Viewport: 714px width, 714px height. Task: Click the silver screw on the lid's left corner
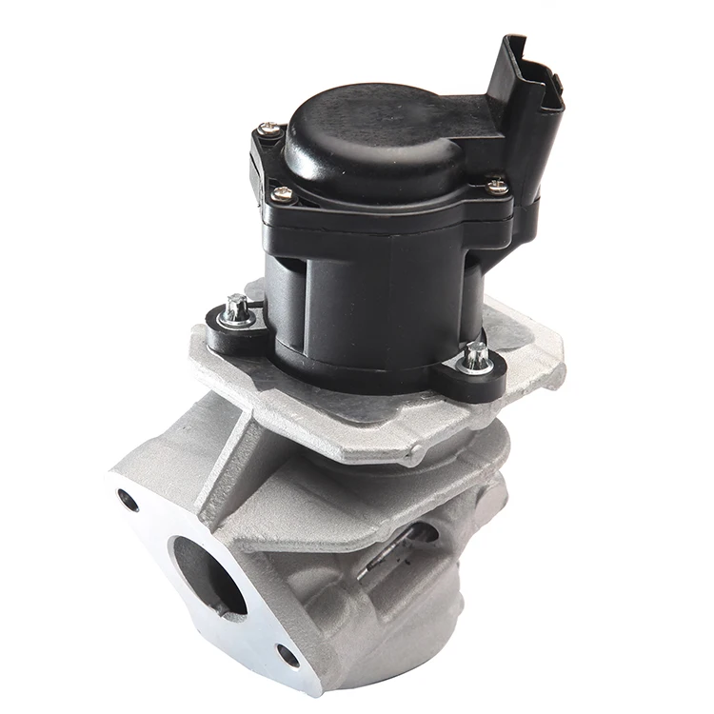click(x=282, y=194)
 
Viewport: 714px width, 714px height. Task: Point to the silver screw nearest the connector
click(x=496, y=187)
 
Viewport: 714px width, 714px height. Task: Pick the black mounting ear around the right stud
click(x=474, y=373)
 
